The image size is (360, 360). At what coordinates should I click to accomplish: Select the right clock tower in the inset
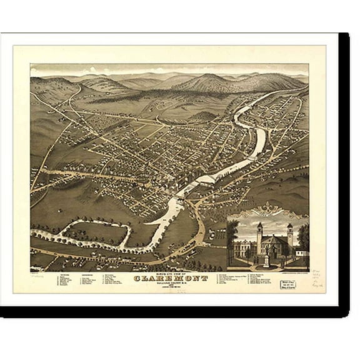coord(289,236)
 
